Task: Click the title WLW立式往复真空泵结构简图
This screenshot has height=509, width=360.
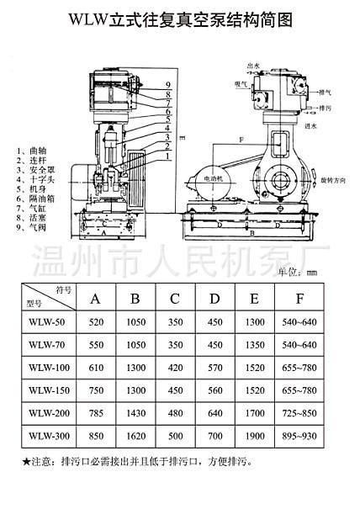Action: click(179, 19)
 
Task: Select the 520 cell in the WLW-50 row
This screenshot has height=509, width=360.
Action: click(95, 323)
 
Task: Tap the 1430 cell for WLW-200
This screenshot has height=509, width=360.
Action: click(135, 413)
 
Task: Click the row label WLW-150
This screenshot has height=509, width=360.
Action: click(47, 390)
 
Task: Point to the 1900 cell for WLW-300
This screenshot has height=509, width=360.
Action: click(255, 436)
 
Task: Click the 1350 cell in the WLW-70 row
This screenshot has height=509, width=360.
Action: click(255, 345)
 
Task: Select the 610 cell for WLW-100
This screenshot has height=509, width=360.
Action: click(95, 368)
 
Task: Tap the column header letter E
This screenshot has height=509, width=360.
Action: click(255, 298)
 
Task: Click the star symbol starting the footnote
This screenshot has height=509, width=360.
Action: click(25, 462)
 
